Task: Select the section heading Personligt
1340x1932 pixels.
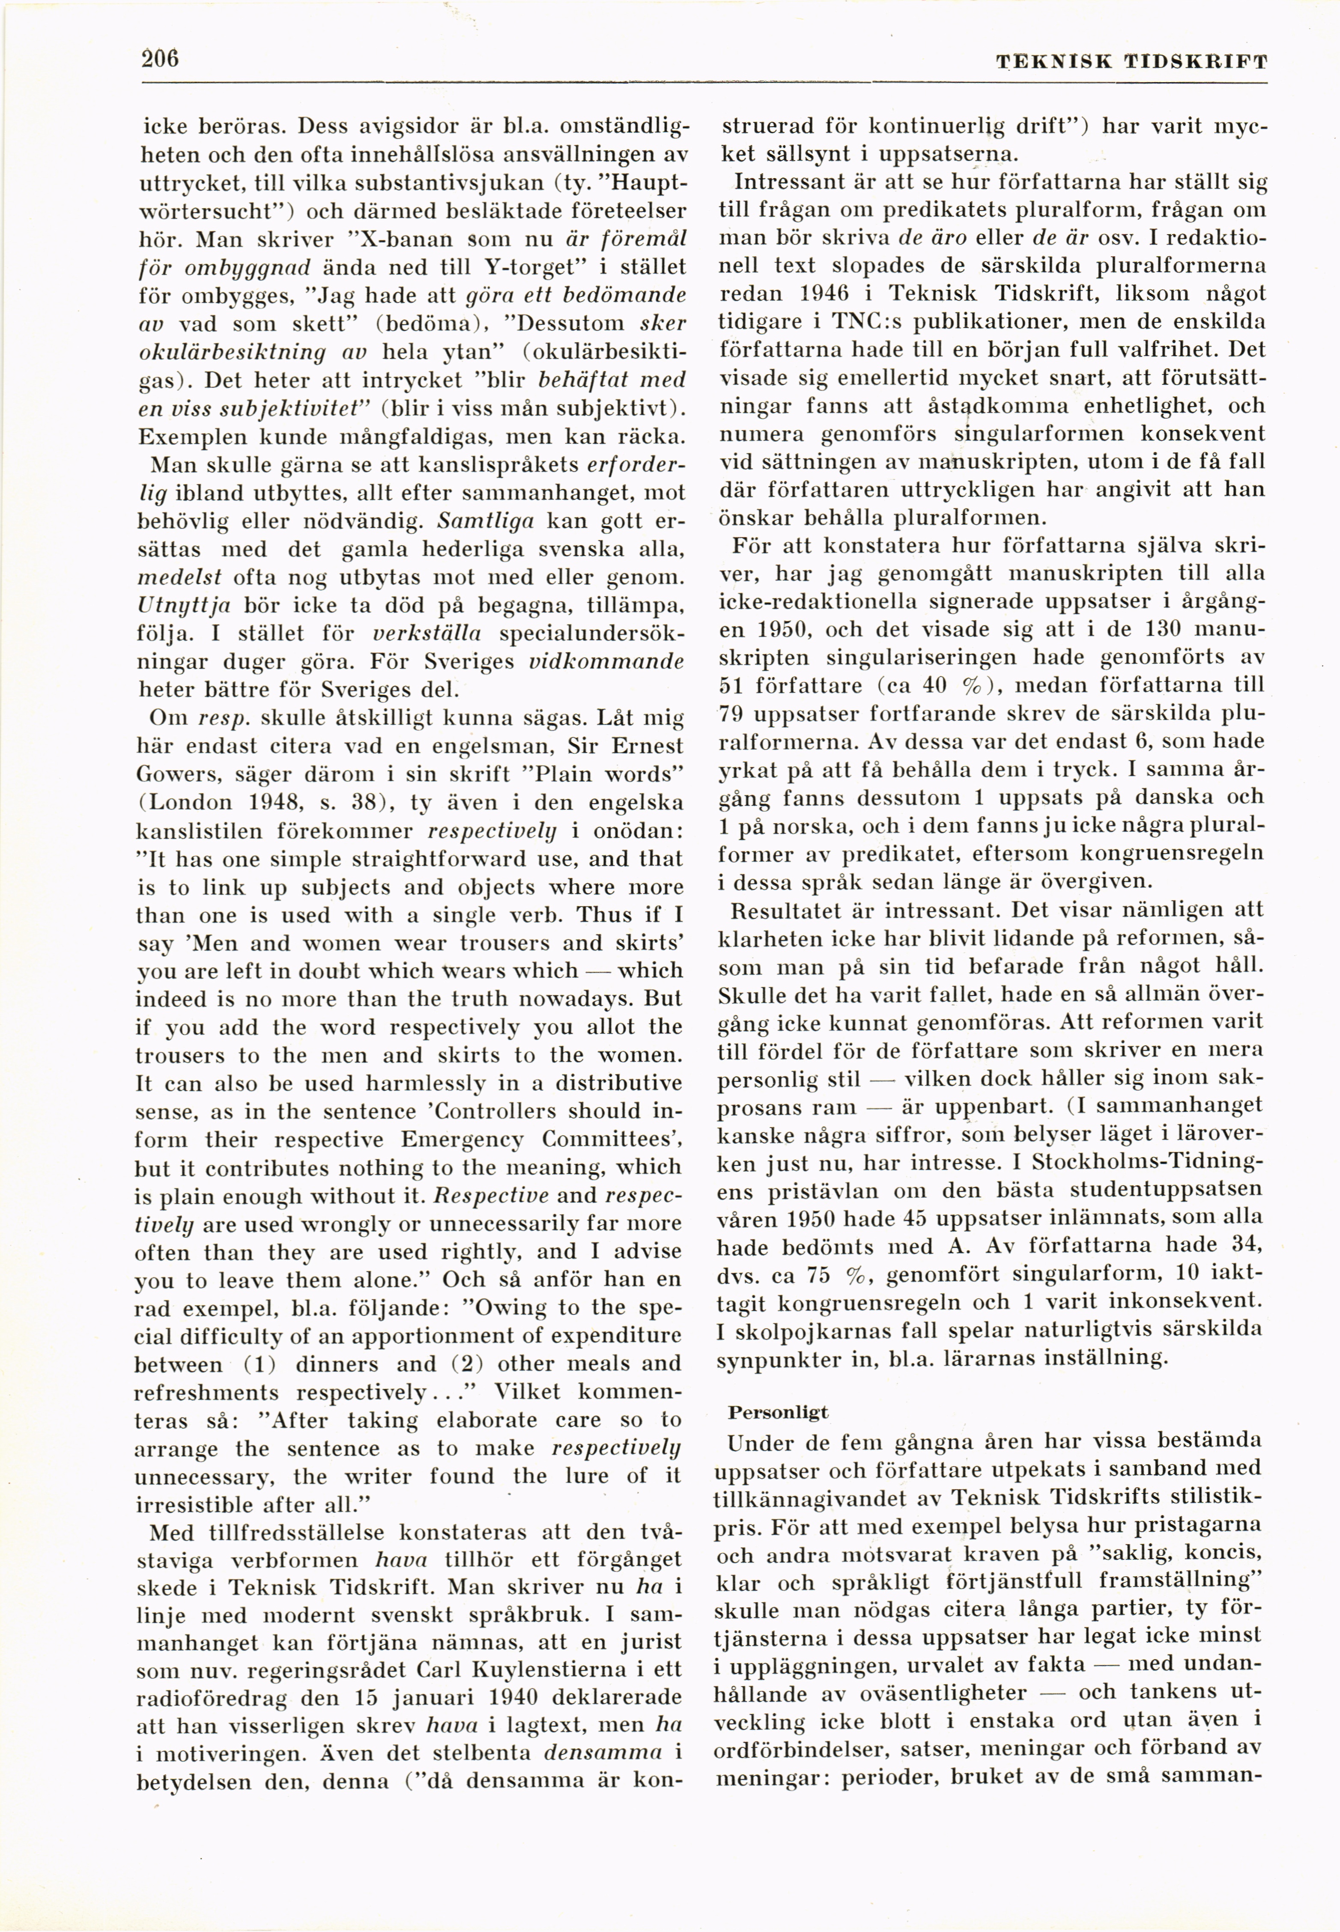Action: click(777, 1412)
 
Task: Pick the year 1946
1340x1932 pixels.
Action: click(826, 294)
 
